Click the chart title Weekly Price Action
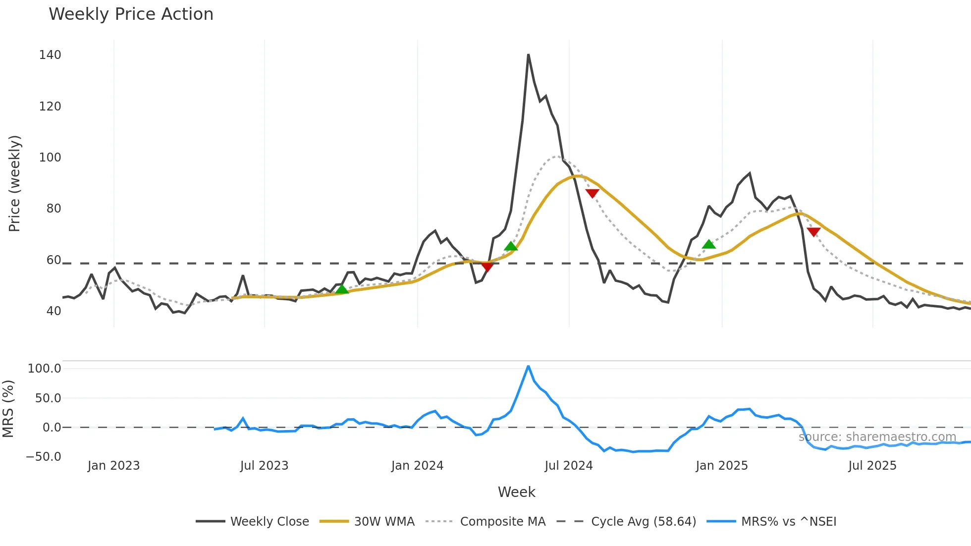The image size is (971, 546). pyautogui.click(x=131, y=14)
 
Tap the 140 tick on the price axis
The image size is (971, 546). pyautogui.click(x=50, y=55)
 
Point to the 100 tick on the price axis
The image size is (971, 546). pyautogui.click(x=50, y=158)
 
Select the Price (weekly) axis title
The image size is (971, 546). pyautogui.click(x=15, y=183)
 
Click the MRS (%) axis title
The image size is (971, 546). pyautogui.click(x=8, y=409)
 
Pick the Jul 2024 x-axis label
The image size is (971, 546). pyautogui.click(x=569, y=466)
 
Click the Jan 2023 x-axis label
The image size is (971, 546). pyautogui.click(x=114, y=466)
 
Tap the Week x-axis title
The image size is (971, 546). pyautogui.click(x=516, y=492)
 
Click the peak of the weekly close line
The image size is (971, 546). pyautogui.click(x=529, y=55)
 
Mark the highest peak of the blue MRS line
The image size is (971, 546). pyautogui.click(x=529, y=366)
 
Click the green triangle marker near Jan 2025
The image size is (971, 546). pyautogui.click(x=709, y=244)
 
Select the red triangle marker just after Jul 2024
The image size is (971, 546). pyautogui.click(x=592, y=193)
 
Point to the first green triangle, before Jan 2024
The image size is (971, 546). pyautogui.click(x=342, y=289)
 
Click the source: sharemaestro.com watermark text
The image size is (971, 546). pyautogui.click(x=877, y=437)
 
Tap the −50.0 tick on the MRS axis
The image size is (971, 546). pyautogui.click(x=44, y=457)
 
